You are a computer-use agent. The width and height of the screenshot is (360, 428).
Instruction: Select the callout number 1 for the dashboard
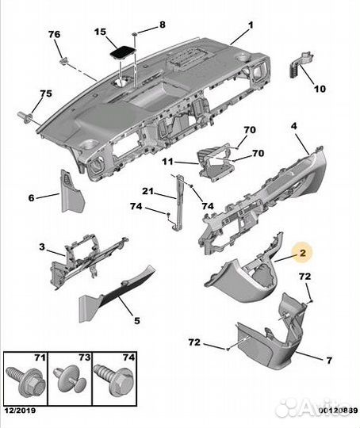[250, 25]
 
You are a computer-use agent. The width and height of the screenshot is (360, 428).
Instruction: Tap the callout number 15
[100, 32]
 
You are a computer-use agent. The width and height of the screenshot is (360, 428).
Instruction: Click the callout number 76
[54, 34]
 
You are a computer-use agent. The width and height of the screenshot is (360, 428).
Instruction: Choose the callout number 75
[46, 94]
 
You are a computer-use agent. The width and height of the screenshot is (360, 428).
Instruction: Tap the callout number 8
[163, 25]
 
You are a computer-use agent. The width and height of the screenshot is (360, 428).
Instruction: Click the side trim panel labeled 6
[73, 192]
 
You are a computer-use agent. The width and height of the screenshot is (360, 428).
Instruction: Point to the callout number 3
[42, 248]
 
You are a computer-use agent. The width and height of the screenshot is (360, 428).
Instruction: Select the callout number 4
[293, 125]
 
